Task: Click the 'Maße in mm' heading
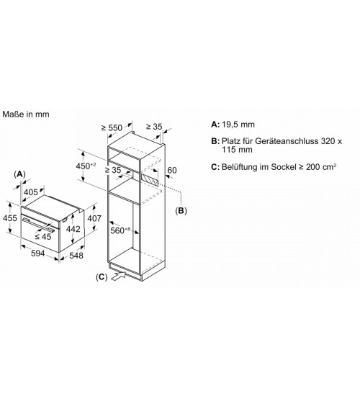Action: (26, 114)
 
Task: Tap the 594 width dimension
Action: (38, 253)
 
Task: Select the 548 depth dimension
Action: (76, 256)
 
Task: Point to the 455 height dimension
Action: (10, 218)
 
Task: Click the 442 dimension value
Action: (73, 229)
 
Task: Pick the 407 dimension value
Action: (94, 218)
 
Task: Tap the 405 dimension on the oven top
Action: (31, 192)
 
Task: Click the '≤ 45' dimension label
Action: (43, 237)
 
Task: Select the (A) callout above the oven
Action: (19, 174)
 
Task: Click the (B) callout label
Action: (181, 210)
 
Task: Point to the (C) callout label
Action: (102, 277)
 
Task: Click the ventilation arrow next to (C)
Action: (119, 276)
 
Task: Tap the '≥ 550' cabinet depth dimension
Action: (112, 127)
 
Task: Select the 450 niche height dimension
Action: (86, 166)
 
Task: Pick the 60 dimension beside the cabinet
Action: (172, 170)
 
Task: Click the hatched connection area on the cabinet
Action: (150, 179)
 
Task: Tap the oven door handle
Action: (38, 225)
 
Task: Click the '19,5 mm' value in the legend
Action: (238, 125)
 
